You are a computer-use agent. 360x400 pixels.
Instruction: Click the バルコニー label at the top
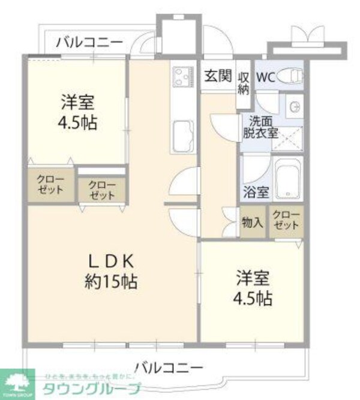click(89, 42)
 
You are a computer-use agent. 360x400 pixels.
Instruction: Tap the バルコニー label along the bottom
click(169, 366)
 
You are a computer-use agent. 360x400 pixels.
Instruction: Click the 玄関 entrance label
click(217, 76)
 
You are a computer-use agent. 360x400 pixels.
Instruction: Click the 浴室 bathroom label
click(256, 193)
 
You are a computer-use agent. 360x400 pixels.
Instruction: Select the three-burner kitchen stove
click(182, 76)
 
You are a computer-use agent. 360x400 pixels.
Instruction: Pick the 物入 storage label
click(252, 222)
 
